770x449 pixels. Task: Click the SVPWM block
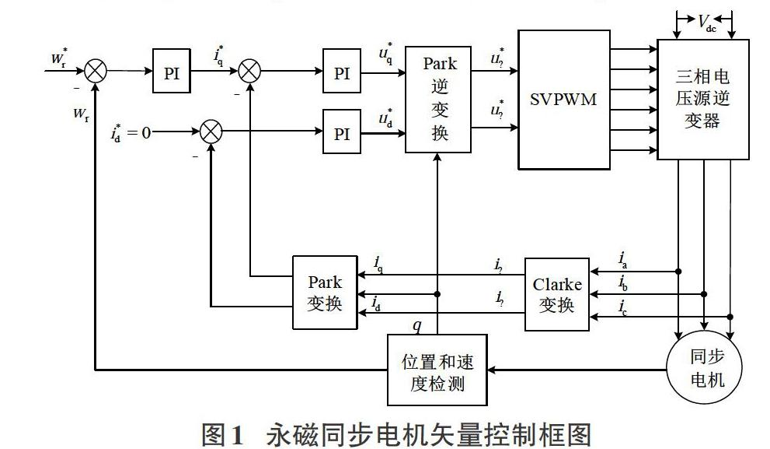563,100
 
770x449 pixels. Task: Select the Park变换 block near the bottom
324,292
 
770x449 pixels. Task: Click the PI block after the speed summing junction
172,73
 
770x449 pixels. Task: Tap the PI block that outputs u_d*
342,133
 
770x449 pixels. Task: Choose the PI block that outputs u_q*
342,73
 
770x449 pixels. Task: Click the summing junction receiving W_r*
95,72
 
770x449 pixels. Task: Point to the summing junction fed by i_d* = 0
211,132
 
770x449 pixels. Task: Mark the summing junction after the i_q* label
249,72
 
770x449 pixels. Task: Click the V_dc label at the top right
707,22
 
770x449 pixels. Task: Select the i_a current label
624,258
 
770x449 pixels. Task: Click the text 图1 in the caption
224,433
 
